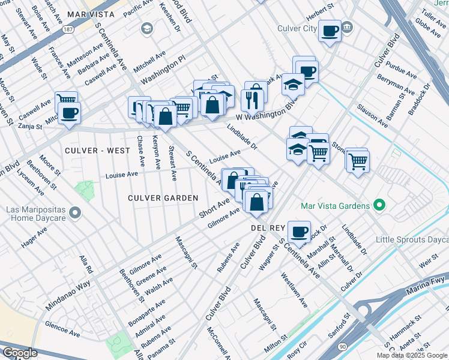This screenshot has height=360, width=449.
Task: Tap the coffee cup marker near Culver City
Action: (x=330, y=31)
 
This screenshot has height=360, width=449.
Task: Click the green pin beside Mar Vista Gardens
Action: (x=379, y=206)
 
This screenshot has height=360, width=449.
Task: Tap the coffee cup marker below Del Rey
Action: (x=298, y=231)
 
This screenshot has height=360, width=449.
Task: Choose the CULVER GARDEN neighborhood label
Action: (x=163, y=197)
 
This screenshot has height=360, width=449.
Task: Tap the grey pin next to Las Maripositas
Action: (x=74, y=212)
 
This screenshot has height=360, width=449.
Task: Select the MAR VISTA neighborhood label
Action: (x=91, y=13)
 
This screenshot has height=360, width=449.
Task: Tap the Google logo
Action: (x=20, y=353)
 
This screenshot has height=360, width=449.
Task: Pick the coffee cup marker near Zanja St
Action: (x=68, y=113)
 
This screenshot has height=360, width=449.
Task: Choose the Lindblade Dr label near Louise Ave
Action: (x=243, y=137)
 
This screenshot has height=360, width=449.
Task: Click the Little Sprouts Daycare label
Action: (x=412, y=239)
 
